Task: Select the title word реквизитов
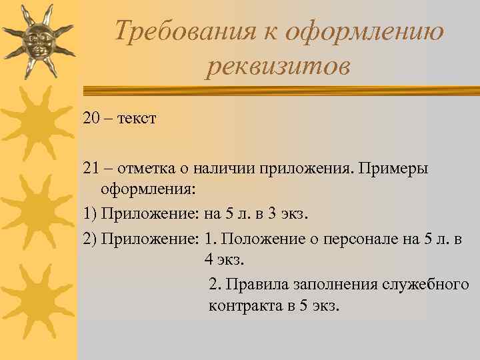(277, 66)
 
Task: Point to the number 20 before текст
(92, 119)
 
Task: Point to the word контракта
(240, 307)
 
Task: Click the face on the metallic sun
(38, 40)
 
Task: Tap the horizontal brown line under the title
(280, 89)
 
